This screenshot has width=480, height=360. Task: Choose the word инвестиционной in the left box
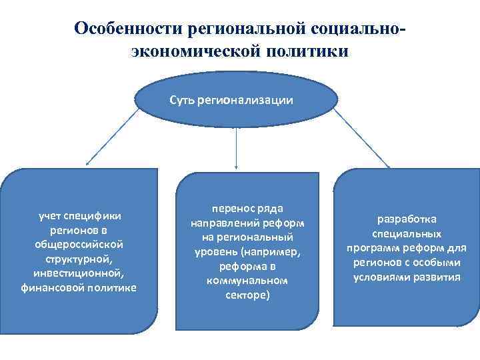(x=79, y=273)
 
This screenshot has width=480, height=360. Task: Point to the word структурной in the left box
(x=79, y=259)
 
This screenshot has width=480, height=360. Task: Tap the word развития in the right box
(x=437, y=277)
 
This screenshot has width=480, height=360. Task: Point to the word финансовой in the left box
(x=51, y=287)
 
